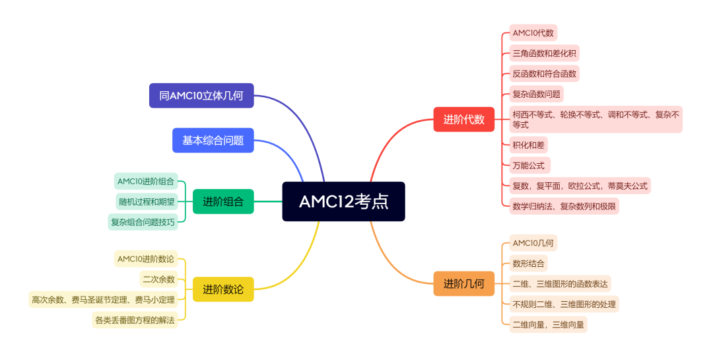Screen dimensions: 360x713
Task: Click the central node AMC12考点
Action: (x=343, y=201)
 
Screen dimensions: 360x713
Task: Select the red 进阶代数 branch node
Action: (x=463, y=120)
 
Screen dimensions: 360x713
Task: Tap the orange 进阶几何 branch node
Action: (x=463, y=284)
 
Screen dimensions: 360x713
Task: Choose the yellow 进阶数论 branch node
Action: (x=223, y=289)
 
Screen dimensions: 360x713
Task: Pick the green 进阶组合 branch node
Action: (x=223, y=201)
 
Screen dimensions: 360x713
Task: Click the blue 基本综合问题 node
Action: (x=213, y=140)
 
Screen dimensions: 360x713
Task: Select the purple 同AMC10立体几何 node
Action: (x=201, y=95)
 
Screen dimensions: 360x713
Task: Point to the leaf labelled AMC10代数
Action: (x=533, y=32)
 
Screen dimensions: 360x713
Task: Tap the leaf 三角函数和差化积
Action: (x=545, y=54)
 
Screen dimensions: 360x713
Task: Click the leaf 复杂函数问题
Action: (x=536, y=94)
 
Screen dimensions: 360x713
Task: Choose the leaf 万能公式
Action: (x=529, y=165)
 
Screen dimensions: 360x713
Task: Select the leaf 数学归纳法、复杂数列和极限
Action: (x=564, y=206)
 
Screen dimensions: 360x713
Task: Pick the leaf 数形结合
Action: (x=528, y=264)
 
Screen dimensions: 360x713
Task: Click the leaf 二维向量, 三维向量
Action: (x=548, y=324)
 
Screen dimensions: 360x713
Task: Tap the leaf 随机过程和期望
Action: (x=146, y=201)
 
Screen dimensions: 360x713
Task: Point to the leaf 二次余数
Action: (x=158, y=279)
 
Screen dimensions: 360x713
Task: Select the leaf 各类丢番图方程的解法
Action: (x=135, y=320)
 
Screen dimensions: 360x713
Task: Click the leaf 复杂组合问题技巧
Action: (x=143, y=222)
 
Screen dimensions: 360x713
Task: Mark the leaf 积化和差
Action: (x=529, y=145)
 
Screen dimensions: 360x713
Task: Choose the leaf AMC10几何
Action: (x=533, y=242)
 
